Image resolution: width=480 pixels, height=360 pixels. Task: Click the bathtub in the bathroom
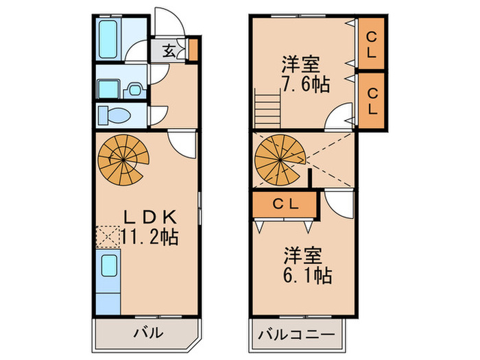coord(108,40)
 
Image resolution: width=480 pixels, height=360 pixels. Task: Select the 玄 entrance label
coord(169,51)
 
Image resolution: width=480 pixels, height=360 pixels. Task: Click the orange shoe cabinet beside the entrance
coord(193,50)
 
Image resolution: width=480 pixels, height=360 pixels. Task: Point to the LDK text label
coord(150,217)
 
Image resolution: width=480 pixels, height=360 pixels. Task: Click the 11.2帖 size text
coord(149,237)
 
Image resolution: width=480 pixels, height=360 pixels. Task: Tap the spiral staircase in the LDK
coord(123,160)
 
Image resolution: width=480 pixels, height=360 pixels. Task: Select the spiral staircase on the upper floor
coord(280,160)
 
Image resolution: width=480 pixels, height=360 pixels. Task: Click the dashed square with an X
coord(108,237)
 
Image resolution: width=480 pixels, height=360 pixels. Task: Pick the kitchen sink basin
coord(109,266)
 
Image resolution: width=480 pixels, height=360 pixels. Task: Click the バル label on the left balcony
coord(148,333)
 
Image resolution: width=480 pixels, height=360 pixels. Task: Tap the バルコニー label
coord(296,335)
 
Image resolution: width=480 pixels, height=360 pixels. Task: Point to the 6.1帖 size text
coord(307,276)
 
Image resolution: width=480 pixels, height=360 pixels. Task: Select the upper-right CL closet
coord(371,43)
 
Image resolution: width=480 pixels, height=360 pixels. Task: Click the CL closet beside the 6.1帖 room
coord(285,204)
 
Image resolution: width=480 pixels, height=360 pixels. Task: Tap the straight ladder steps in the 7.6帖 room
coord(267,108)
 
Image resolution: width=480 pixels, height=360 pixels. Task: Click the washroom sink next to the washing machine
coord(134,90)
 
